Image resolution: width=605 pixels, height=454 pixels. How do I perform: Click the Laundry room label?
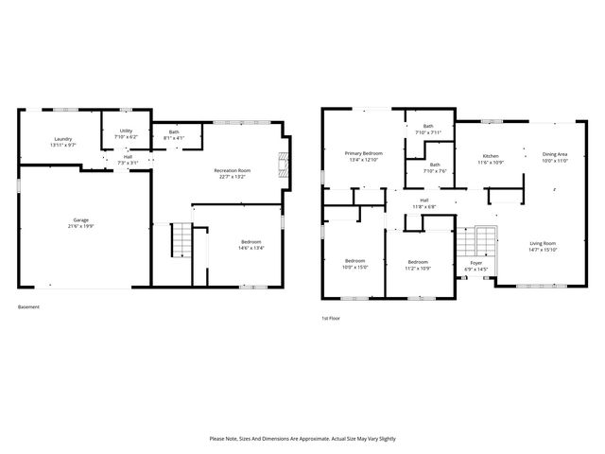[62, 139]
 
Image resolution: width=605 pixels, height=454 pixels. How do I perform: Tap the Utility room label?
[126, 131]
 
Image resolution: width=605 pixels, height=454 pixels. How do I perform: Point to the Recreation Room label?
[232, 170]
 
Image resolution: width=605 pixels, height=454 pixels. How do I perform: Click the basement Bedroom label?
[237, 241]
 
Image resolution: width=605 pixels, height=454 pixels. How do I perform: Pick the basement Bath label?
[174, 132]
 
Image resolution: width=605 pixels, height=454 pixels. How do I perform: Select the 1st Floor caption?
[331, 318]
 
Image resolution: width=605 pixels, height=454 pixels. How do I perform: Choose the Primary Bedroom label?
[363, 153]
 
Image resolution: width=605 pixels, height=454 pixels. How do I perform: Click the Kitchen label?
[492, 155]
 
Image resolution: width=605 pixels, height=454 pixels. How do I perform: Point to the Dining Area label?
[555, 154]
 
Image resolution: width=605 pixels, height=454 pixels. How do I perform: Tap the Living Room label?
[543, 243]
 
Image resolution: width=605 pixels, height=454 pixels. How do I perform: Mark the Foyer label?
[475, 262]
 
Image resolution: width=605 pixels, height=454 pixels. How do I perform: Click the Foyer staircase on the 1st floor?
[484, 241]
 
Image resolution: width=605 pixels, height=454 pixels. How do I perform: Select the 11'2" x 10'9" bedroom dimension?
[419, 268]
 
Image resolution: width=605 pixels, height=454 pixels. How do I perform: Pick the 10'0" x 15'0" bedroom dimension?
[354, 267]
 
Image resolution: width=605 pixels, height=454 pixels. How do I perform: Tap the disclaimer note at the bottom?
[302, 439]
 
